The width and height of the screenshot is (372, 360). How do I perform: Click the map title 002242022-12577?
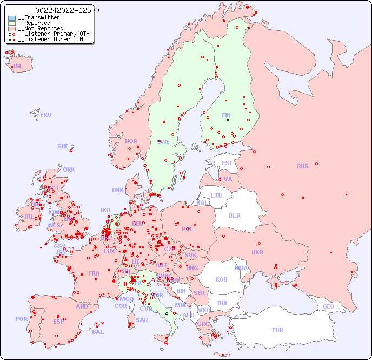[68, 10]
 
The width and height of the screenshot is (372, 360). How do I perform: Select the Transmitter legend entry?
[38, 18]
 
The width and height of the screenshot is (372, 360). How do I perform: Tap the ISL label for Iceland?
[18, 67]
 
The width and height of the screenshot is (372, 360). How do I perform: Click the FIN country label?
[226, 115]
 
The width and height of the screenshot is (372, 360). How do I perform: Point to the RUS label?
[302, 166]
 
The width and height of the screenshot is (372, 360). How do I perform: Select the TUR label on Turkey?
[277, 330]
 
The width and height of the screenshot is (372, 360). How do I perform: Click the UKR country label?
[257, 252]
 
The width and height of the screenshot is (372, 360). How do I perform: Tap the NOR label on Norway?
[131, 141]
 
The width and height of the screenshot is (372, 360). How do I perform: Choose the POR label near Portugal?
[21, 319]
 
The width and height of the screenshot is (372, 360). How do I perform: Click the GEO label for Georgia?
[328, 306]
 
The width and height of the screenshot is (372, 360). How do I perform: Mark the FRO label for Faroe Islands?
[45, 115]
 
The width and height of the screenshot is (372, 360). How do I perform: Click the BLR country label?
[234, 215]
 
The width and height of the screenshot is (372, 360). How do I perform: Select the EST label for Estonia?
[227, 163]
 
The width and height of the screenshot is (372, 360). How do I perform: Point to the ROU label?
[221, 279]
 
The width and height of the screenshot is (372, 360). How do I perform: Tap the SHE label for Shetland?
[63, 146]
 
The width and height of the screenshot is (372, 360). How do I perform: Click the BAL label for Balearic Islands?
[98, 332]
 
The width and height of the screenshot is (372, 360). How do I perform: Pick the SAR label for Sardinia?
[142, 320]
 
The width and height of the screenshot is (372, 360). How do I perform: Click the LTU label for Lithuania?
[216, 195]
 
